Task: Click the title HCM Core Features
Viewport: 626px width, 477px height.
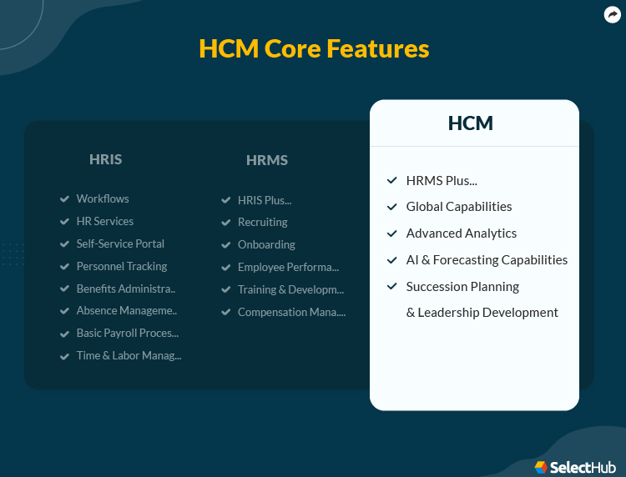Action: point(314,48)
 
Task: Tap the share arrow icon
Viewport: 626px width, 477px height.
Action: point(612,14)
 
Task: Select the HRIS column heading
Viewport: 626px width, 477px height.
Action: point(105,159)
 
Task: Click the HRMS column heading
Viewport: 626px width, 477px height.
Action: point(267,160)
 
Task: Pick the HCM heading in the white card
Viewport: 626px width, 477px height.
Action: point(471,123)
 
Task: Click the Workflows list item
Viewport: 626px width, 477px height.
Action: point(103,198)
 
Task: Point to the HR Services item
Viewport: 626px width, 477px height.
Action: point(104,221)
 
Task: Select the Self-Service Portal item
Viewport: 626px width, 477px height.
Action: point(120,244)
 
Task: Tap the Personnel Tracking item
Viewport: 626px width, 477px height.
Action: point(121,266)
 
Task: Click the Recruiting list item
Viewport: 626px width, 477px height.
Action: point(262,222)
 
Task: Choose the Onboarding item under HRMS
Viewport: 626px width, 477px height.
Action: point(266,244)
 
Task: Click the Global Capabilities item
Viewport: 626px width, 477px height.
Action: point(459,206)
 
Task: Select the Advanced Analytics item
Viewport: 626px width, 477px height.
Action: point(462,233)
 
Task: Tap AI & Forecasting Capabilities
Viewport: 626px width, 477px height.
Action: point(487,259)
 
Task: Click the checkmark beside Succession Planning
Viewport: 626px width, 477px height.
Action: point(391,286)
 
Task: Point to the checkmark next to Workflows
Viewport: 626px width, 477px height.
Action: point(64,198)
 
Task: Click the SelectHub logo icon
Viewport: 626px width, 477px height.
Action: point(541,467)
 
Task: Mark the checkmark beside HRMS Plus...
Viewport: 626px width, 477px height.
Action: point(391,180)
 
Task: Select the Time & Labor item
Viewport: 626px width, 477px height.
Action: point(129,355)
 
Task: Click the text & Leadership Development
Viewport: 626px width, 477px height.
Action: point(482,312)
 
